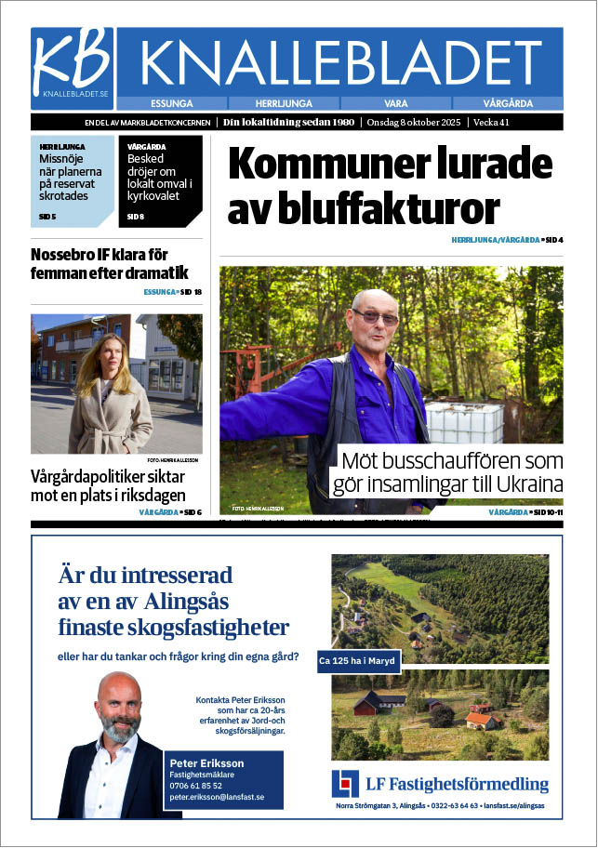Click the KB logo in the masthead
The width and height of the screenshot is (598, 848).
coord(72,63)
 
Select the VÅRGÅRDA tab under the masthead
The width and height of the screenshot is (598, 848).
coord(508,103)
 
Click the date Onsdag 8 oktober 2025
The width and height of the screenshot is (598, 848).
coord(417,122)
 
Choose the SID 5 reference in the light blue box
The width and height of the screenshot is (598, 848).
coord(47,217)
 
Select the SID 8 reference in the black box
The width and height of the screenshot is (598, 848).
coord(135,217)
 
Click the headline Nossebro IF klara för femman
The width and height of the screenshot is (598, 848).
coord(110,263)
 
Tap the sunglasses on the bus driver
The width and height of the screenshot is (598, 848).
coord(375,317)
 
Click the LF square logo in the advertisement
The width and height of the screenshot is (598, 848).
coord(344,783)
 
